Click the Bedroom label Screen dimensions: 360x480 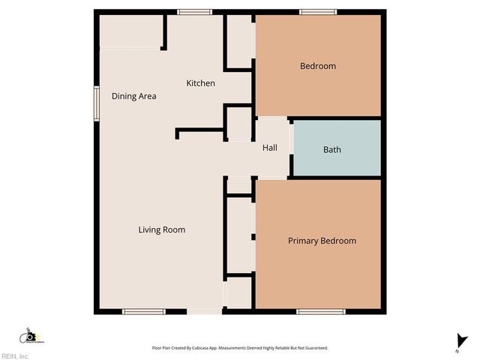318,66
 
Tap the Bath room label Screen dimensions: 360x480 332,149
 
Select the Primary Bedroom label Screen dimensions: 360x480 322,241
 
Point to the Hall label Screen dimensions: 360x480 270,148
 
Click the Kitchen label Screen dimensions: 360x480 201,83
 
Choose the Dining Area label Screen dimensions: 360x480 134,96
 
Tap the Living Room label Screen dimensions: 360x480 162,229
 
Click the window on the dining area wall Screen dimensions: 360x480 96,102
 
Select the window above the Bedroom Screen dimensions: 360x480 317,11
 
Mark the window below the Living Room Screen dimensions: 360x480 144,310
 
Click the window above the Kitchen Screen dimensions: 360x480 195,11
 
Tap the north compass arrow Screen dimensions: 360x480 458,340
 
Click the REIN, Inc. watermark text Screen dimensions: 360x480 15,355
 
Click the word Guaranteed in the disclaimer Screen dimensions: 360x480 317,348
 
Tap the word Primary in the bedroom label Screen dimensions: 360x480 303,241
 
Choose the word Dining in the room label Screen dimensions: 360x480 123,96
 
